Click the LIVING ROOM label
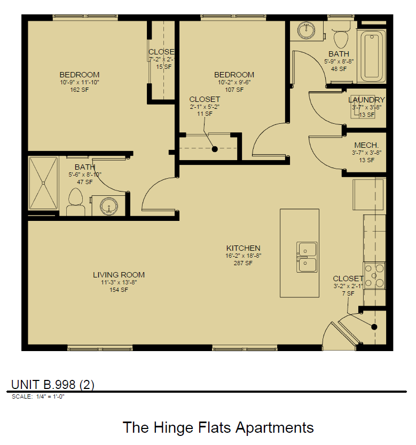pos(119,275)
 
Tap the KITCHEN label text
pos(243,248)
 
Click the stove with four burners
pos(374,275)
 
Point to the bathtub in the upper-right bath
pos(372,57)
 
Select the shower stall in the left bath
pos(44,184)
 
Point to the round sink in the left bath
pos(109,205)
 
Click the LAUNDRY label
pos(366,100)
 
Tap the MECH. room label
pos(366,145)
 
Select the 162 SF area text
pos(79,90)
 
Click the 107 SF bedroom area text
pos(234,90)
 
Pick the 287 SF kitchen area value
pos(243,263)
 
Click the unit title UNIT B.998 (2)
pos(53,385)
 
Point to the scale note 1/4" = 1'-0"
pos(50,396)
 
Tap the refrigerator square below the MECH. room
pos(367,195)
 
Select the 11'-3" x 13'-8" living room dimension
pos(119,282)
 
